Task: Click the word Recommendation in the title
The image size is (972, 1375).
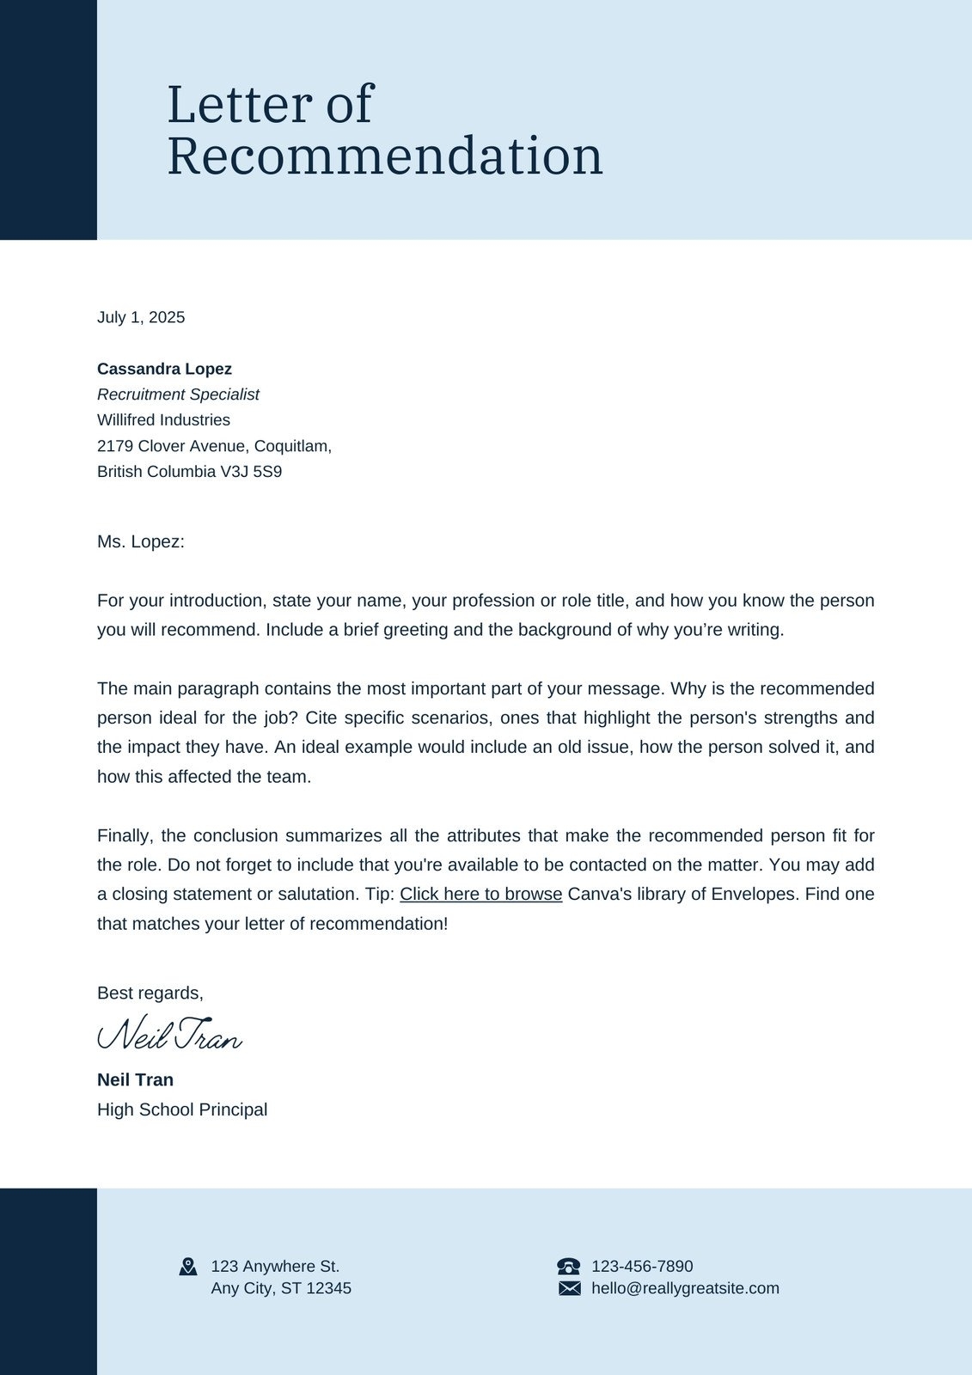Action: point(384,156)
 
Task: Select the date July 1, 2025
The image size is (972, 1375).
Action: point(141,317)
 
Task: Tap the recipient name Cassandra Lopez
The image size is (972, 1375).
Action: point(164,369)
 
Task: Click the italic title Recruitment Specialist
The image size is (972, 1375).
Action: point(178,394)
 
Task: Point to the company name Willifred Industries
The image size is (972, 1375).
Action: point(163,420)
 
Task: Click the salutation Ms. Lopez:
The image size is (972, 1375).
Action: point(141,541)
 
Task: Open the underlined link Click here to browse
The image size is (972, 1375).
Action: point(480,894)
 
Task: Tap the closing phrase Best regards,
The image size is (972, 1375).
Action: point(150,993)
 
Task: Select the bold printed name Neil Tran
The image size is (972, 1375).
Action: point(135,1079)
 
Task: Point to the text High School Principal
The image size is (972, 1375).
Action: point(182,1109)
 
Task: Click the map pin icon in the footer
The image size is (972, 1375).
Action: point(188,1266)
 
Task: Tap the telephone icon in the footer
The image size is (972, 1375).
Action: point(568,1266)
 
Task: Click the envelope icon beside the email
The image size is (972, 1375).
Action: point(569,1288)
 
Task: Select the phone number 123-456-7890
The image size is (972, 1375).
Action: point(642,1266)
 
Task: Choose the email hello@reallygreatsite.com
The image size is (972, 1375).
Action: point(685,1288)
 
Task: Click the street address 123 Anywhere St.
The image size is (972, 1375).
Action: point(275,1266)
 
